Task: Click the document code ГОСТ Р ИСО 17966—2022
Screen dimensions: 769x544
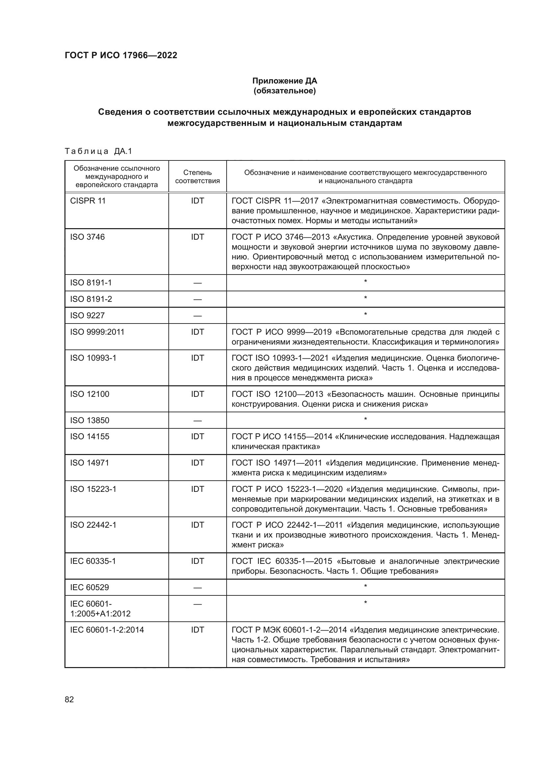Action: click(x=121, y=55)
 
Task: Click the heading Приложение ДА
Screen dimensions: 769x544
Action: click(x=284, y=81)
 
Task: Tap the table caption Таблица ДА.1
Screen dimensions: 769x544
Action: click(x=98, y=151)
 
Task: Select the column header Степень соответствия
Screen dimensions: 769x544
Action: click(x=197, y=177)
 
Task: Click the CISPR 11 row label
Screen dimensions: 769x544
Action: click(x=88, y=201)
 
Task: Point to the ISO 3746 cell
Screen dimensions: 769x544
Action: click(x=87, y=237)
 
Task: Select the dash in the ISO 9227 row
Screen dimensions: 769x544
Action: click(x=197, y=316)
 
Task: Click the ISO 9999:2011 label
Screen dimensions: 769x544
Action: click(x=97, y=332)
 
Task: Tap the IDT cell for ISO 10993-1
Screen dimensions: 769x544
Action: click(x=197, y=358)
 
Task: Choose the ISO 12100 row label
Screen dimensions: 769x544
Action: click(x=89, y=394)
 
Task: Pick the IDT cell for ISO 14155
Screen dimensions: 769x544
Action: click(x=197, y=437)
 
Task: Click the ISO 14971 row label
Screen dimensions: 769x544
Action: click(x=89, y=463)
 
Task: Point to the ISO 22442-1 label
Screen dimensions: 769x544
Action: click(x=93, y=525)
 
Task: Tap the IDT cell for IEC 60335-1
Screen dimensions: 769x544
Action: click(x=197, y=561)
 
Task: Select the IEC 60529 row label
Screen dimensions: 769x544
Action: click(x=89, y=588)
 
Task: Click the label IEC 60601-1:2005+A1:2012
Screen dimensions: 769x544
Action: click(x=100, y=609)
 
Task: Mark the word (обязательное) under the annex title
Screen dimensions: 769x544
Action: click(x=284, y=91)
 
